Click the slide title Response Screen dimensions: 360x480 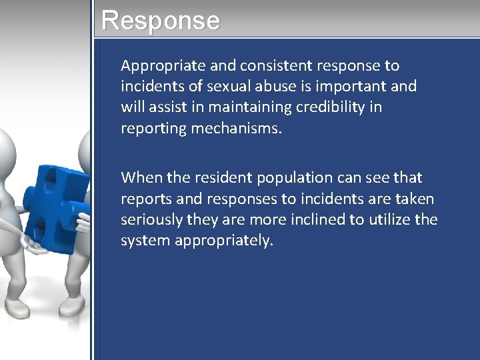(x=160, y=20)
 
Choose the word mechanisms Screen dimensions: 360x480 (x=237, y=128)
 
